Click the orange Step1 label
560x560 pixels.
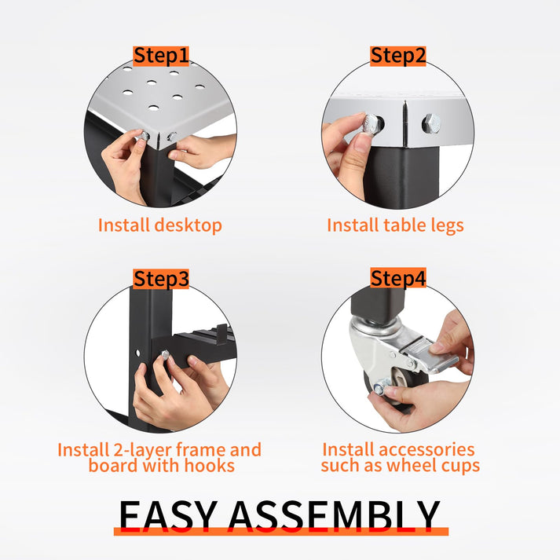[161, 56]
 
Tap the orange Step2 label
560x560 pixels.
[398, 56]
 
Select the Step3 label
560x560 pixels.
[161, 279]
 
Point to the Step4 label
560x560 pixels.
[398, 278]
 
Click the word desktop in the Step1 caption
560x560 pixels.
[188, 225]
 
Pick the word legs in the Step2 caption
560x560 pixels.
[447, 226]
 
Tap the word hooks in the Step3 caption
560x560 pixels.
[209, 465]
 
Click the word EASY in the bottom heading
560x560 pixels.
[168, 514]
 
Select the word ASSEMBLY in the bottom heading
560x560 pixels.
[334, 514]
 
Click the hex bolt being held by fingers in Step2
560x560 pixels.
[372, 124]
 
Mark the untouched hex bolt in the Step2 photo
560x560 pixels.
[431, 124]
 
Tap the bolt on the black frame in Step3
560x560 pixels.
[165, 355]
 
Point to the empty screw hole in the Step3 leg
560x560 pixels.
[138, 353]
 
